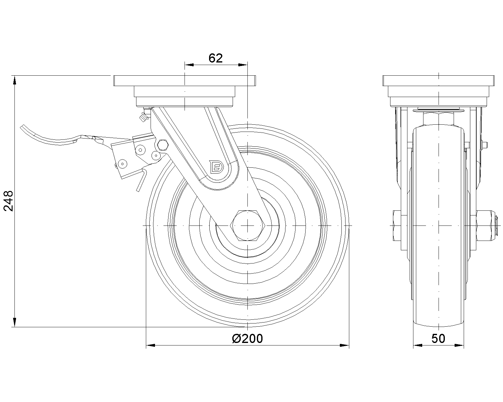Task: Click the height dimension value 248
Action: click(8, 201)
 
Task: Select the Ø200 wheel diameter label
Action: click(247, 339)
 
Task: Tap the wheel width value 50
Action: click(438, 339)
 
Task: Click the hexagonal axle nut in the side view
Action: click(247, 225)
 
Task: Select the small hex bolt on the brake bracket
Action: click(163, 145)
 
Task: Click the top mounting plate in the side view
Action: click(439, 81)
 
